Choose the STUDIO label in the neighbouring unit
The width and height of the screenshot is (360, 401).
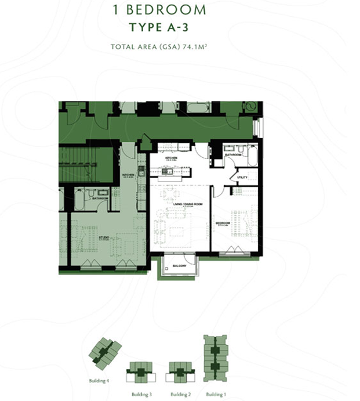tap(104, 237)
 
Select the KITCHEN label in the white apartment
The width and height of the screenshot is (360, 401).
tap(171, 158)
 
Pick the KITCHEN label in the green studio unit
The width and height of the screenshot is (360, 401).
tap(129, 175)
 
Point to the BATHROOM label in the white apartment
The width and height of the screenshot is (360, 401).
tap(233, 155)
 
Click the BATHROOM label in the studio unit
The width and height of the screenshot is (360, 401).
tap(100, 198)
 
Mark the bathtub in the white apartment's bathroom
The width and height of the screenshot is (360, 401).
tap(252, 156)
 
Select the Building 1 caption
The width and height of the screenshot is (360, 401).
tap(216, 394)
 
